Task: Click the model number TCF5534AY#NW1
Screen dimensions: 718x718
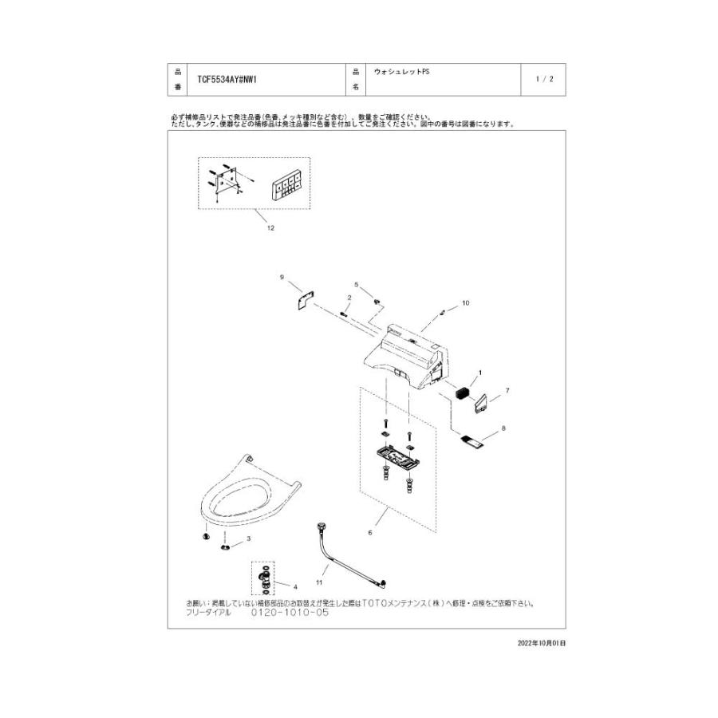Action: point(227,80)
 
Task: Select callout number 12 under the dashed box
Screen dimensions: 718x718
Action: point(270,228)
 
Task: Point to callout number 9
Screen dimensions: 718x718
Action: point(282,277)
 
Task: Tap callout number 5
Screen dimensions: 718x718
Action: point(357,284)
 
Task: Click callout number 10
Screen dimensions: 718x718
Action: point(466,303)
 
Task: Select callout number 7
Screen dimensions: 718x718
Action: point(507,391)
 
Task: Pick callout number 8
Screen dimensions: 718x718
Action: point(503,428)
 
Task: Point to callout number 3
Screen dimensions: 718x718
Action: point(249,538)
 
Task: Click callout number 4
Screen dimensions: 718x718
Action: point(294,587)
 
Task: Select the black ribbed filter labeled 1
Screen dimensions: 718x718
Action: point(462,392)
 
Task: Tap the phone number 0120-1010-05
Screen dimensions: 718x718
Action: point(290,613)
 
